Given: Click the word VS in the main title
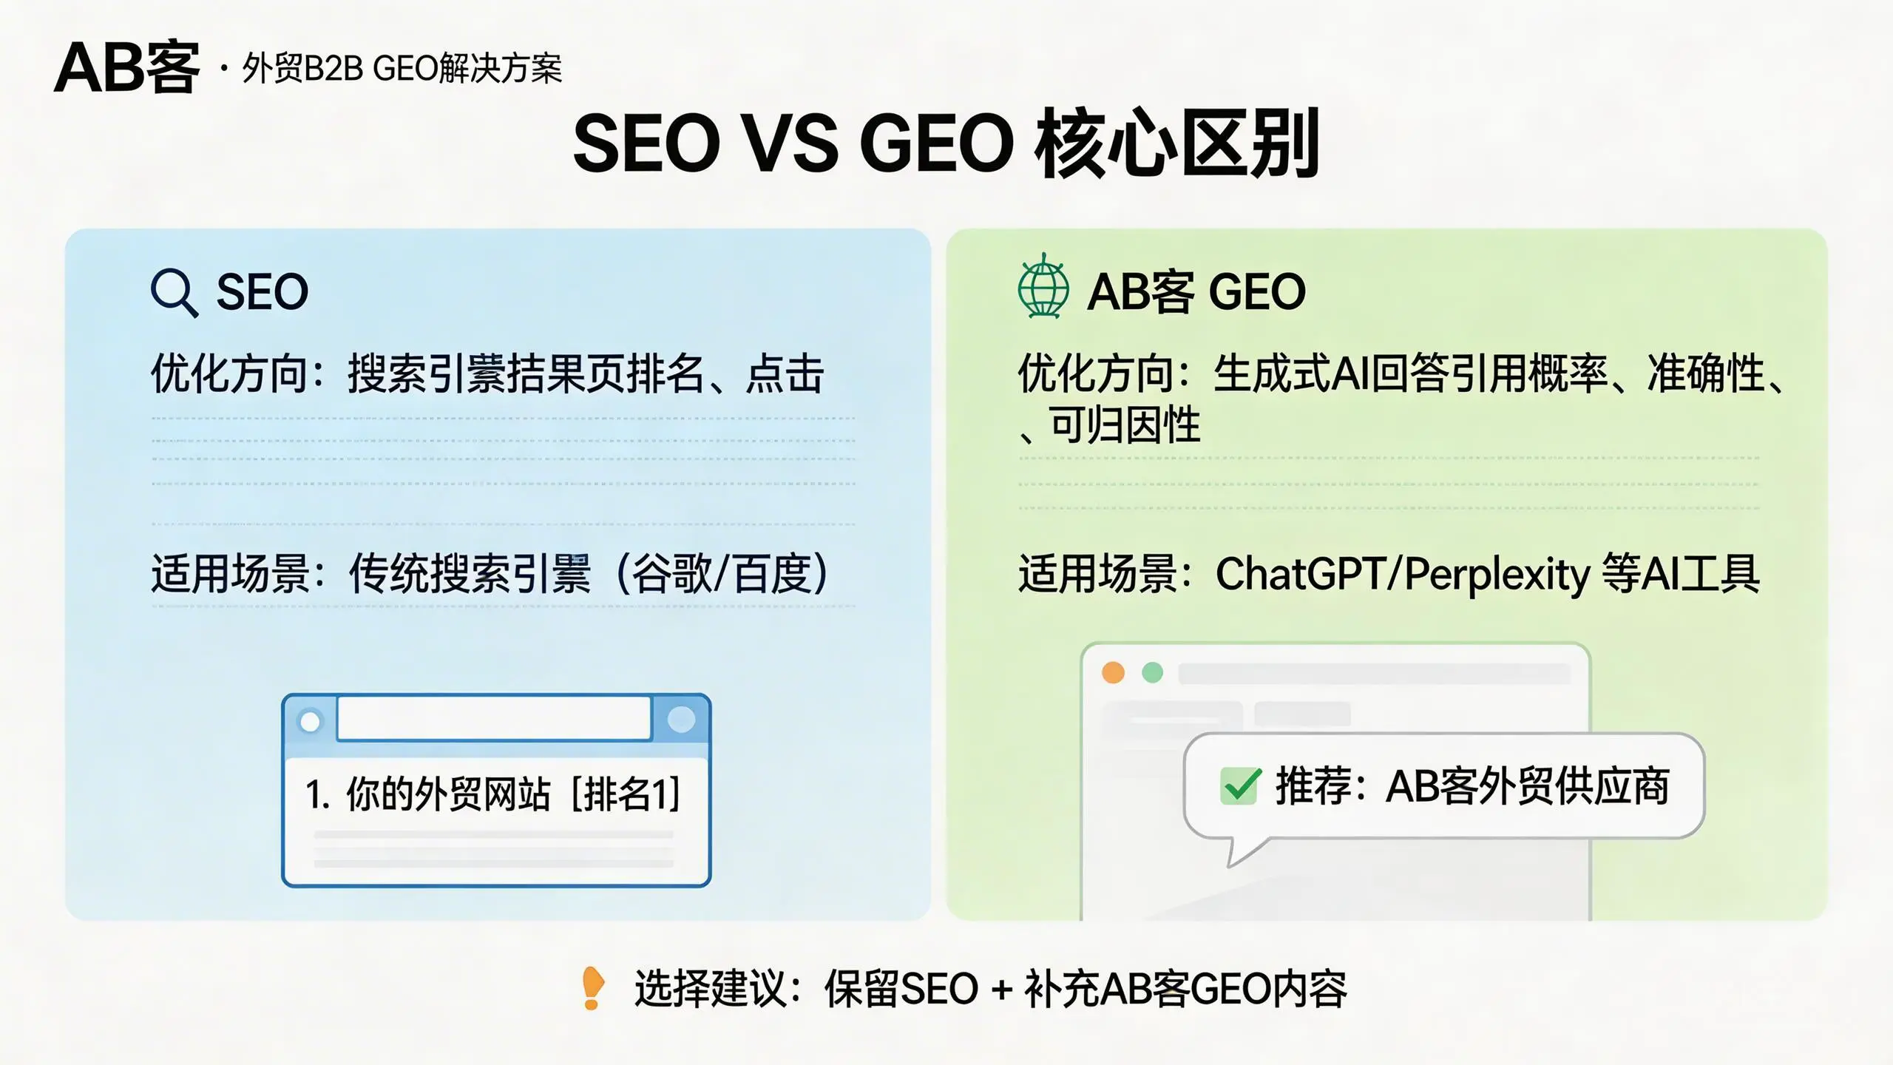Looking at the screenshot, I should click(x=790, y=143).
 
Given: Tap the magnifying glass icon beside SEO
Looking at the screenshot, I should click(x=174, y=293).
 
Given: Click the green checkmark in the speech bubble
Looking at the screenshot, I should click(x=1239, y=785).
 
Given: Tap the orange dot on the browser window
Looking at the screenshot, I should click(x=1113, y=673).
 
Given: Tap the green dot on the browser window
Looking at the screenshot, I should click(x=1152, y=673).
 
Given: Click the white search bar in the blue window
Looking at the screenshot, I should click(x=494, y=717).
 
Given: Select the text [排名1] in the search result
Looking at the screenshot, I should click(x=626, y=794).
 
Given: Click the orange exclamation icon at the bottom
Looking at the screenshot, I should click(x=592, y=988).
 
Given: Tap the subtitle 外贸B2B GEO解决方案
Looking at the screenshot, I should click(x=402, y=70).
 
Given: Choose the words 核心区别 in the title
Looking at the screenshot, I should click(x=1176, y=143).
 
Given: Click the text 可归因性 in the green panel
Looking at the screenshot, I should click(x=1124, y=426).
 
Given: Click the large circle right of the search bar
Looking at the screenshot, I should click(x=681, y=719).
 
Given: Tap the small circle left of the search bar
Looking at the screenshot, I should click(x=311, y=721).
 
